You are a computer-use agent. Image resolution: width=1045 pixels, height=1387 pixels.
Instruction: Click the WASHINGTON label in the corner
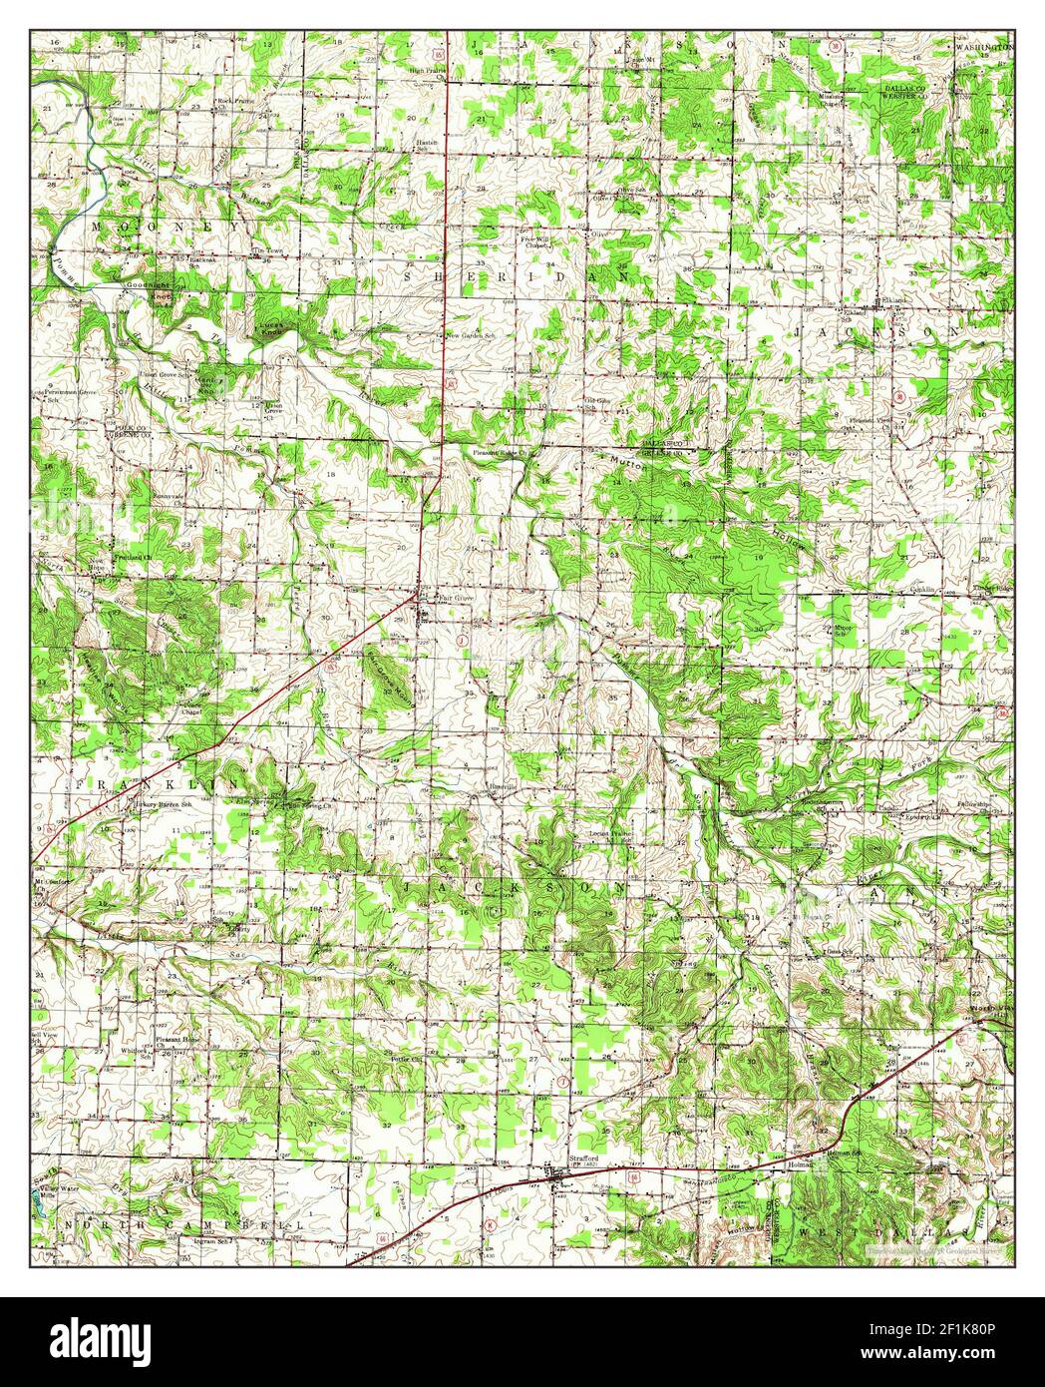click(985, 47)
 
